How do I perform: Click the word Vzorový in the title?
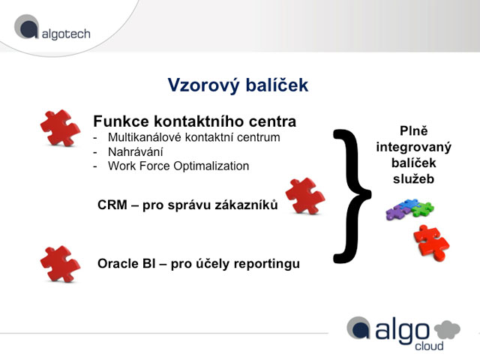click(x=203, y=85)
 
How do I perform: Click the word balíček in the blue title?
click(x=277, y=85)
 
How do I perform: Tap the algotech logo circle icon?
click(x=27, y=27)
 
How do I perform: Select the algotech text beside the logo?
click(x=66, y=34)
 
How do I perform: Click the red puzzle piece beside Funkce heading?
click(x=60, y=128)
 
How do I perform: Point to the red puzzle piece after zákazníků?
click(x=305, y=196)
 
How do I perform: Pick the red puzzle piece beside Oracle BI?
click(x=60, y=264)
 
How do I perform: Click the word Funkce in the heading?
click(x=121, y=121)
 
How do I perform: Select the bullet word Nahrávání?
click(x=135, y=151)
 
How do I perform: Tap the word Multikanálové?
click(x=145, y=137)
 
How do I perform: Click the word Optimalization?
click(x=211, y=166)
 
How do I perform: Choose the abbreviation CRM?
click(x=112, y=205)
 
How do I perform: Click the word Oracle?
click(x=118, y=263)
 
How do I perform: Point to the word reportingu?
click(x=265, y=264)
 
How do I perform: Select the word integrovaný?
click(x=413, y=148)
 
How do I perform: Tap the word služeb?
click(x=413, y=179)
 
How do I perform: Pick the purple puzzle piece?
click(x=396, y=212)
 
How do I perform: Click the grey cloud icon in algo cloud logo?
click(x=447, y=329)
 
